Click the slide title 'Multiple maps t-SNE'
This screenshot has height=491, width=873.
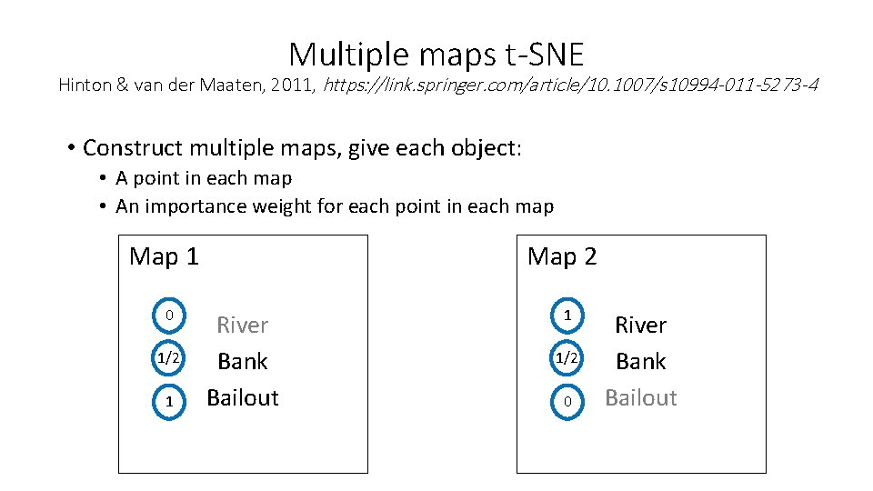coord(436,55)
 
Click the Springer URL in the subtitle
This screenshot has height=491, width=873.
coord(570,85)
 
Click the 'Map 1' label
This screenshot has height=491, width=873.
coord(164,256)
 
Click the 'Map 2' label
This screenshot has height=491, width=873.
coord(562,256)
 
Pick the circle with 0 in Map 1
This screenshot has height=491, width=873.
coord(168,316)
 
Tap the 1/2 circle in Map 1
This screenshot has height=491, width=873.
coord(168,358)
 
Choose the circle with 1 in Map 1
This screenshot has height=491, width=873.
coord(168,401)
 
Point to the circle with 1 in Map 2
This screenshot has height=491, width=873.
coord(567,316)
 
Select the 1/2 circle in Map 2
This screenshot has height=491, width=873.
coord(567,358)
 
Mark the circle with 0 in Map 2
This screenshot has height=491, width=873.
coord(567,401)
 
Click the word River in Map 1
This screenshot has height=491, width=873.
coord(242,325)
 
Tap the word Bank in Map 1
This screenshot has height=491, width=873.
coord(243,361)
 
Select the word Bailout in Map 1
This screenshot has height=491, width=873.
coord(243,397)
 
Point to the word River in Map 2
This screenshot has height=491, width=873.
coord(641,325)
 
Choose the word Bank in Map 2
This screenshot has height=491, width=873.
coord(641,361)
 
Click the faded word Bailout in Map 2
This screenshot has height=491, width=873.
coord(641,397)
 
